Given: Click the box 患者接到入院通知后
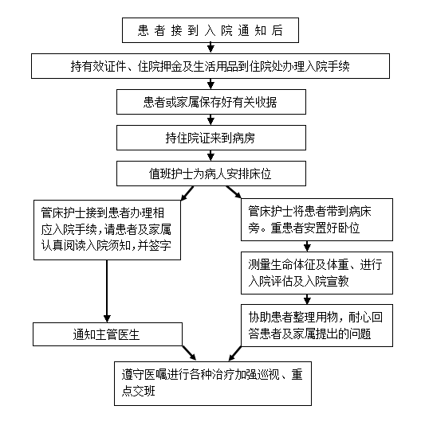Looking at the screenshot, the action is tap(211, 30).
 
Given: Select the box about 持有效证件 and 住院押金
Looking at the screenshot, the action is tap(211, 66).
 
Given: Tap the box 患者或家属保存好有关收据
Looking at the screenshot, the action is tap(211, 102).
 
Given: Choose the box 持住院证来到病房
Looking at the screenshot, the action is tap(211, 138).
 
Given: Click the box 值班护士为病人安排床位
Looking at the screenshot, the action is tap(211, 174).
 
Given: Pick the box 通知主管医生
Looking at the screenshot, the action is tap(108, 334).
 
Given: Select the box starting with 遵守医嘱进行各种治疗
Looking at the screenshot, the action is tap(213, 384).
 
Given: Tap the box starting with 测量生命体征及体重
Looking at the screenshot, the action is tap(317, 273).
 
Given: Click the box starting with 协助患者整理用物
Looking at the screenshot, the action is tap(317, 326).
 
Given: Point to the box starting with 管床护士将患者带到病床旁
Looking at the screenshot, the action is tap(317, 220).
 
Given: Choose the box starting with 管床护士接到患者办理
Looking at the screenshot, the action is tap(107, 230).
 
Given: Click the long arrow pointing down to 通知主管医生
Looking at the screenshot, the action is tap(107, 291).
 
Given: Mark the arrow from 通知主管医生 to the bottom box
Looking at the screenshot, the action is tap(189, 353).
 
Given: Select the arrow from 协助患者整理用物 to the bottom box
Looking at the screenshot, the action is tap(235, 353).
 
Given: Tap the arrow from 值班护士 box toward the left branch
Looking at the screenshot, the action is tap(187, 193).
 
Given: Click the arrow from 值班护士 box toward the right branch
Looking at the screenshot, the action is tap(234, 192).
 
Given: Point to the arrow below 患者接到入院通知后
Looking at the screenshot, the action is tap(211, 48).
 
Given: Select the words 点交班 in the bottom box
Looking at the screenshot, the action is tap(139, 391).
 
